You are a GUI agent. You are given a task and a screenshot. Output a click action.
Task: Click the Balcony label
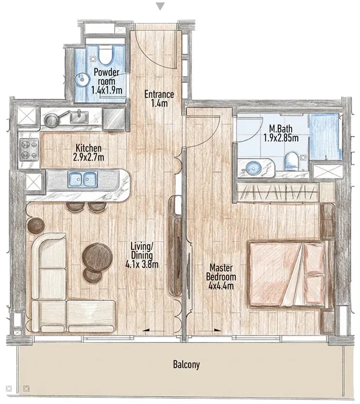click(x=186, y=365)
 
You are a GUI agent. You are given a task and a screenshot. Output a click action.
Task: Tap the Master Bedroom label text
click(x=221, y=272)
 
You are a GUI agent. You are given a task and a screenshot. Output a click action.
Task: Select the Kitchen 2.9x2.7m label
click(x=88, y=153)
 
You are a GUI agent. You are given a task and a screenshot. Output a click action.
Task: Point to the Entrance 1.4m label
click(x=159, y=98)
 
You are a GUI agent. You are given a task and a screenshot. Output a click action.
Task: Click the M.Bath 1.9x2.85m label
click(x=281, y=133)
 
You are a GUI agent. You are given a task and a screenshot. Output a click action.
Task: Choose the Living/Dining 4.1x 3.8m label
click(x=142, y=255)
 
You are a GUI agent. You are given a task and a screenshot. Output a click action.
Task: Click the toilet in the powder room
click(x=105, y=54)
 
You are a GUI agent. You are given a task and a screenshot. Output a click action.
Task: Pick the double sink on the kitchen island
click(x=83, y=179)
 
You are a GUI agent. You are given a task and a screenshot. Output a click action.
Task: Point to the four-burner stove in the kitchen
click(x=29, y=150)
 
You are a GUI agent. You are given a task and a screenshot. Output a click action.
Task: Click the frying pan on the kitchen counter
click(x=55, y=119)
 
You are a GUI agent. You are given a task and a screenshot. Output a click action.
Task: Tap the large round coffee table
click(x=97, y=257)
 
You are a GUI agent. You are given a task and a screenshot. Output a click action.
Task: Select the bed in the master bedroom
click(x=288, y=274)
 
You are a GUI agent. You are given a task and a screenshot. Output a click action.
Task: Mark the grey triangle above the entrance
click(x=160, y=7)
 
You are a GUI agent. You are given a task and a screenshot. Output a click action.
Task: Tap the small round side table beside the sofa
click(x=35, y=226)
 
